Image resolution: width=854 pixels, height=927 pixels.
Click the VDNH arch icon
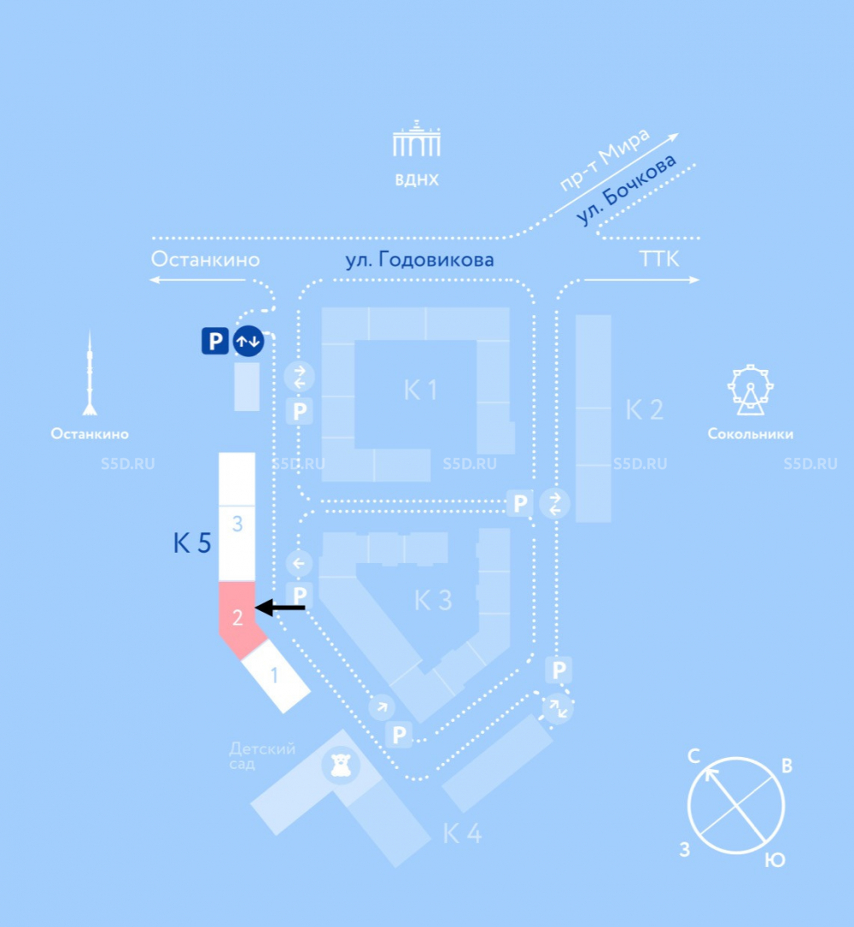coord(417,138)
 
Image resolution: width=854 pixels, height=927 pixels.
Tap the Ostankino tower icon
coord(90,373)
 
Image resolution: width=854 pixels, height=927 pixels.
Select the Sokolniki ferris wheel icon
coord(750,390)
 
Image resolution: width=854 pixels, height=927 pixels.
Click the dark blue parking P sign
coord(215,341)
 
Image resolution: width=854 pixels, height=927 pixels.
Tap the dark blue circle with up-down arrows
coord(249,341)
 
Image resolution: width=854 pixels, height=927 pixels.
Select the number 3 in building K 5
coord(237,524)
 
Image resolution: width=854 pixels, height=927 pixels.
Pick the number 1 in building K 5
coord(274,675)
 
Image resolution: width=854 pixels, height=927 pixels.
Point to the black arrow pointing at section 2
coord(280,607)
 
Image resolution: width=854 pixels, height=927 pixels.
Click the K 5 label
coord(192,543)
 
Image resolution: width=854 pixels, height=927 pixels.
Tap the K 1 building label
coord(421,390)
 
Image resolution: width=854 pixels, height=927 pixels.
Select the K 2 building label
coord(644,409)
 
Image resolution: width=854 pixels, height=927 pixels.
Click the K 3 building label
coord(433,601)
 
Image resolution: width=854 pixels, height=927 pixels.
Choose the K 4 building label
coord(463,834)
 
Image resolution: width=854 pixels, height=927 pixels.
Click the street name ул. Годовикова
coord(419,260)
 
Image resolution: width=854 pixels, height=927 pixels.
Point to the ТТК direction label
coord(659,259)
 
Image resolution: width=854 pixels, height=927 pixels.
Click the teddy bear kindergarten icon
coord(341,765)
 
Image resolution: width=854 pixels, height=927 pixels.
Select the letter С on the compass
coord(694,755)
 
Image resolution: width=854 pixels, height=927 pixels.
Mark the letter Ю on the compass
coord(775,860)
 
